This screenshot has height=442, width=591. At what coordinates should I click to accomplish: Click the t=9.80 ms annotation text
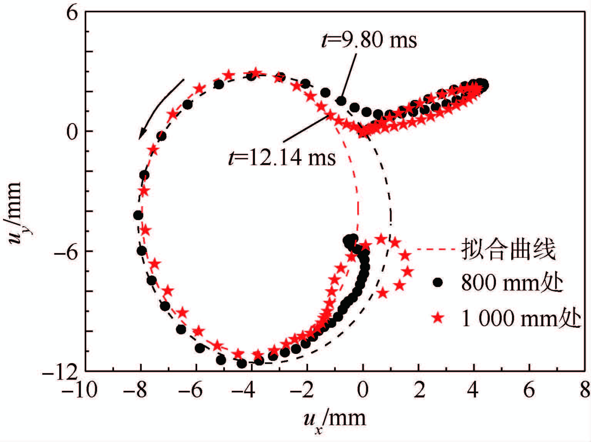pos(369,40)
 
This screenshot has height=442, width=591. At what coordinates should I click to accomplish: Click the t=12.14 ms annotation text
pos(282,157)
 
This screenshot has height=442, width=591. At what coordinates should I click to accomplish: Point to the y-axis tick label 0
pos(72,132)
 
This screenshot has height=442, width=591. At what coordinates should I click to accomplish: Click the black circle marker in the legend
pos(438,282)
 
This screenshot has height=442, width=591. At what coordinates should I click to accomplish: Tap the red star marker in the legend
pos(438,318)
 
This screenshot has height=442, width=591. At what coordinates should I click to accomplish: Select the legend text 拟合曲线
pos(508,250)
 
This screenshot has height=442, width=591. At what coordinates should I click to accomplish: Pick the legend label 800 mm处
pos(512,282)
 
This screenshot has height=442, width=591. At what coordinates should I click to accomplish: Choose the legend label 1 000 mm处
pos(521,318)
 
